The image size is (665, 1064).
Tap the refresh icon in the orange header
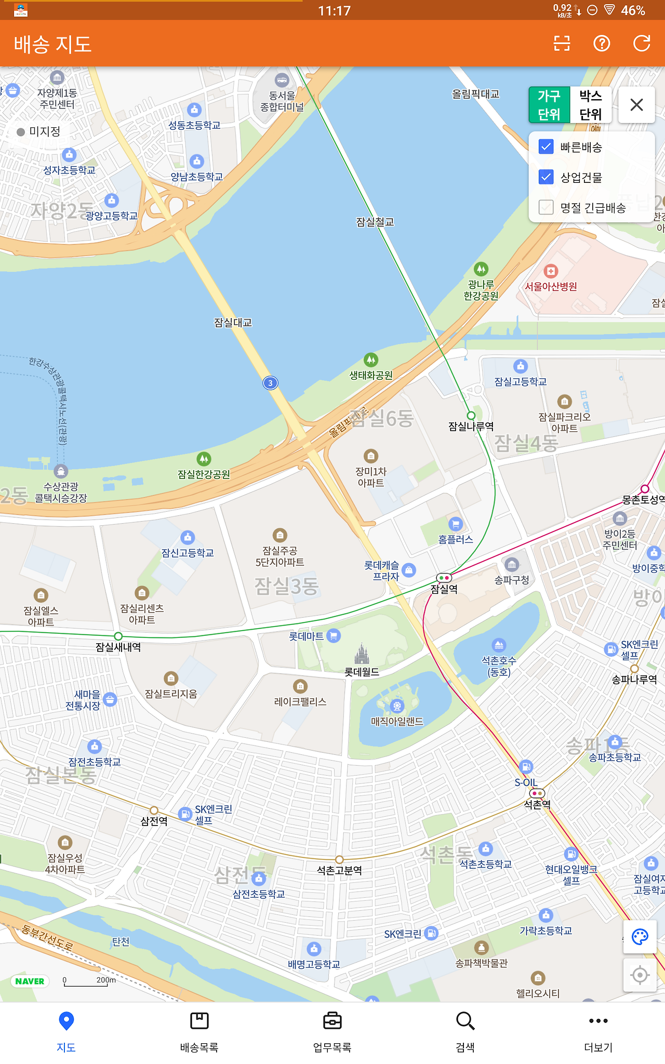(x=642, y=44)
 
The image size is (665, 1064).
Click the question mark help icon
(x=602, y=44)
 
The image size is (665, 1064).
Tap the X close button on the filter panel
(x=636, y=105)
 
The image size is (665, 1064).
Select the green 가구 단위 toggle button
(x=549, y=105)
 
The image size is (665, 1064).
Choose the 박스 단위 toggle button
(x=590, y=105)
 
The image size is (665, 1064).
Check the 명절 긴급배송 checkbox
(x=546, y=208)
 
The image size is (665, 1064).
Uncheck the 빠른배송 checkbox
(x=546, y=147)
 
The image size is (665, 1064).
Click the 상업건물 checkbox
(x=546, y=178)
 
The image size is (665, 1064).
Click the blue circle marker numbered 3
(x=270, y=383)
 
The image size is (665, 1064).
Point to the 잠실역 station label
(x=444, y=589)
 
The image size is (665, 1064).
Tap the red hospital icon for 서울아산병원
(x=551, y=271)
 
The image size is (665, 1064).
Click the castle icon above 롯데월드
(x=362, y=653)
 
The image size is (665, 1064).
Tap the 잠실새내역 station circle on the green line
(x=118, y=636)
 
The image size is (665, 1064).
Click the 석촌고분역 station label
(x=339, y=870)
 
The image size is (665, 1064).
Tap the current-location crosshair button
(x=640, y=975)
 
